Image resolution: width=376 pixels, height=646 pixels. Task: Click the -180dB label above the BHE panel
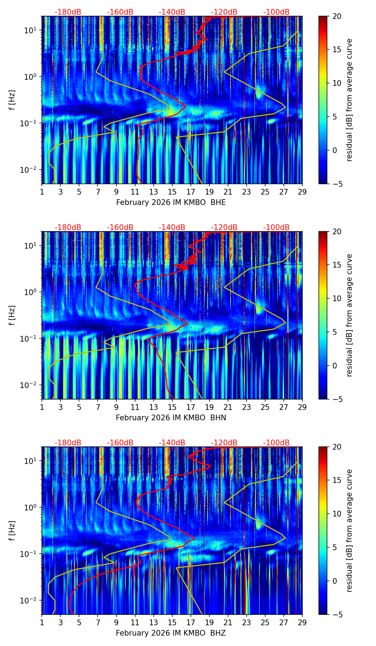pyautogui.click(x=68, y=12)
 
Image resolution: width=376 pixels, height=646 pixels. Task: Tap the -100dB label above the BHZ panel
pyautogui.click(x=276, y=443)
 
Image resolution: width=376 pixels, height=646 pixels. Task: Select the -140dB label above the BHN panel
pyautogui.click(x=172, y=227)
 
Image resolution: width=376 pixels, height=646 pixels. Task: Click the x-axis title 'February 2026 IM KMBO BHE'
pyautogui.click(x=171, y=202)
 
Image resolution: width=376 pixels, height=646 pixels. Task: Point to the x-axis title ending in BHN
pyautogui.click(x=171, y=418)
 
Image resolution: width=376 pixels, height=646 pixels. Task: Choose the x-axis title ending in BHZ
pyautogui.click(x=171, y=633)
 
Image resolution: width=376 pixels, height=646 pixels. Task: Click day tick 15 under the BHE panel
pyautogui.click(x=172, y=192)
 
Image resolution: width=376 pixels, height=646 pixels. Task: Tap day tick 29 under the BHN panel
pyautogui.click(x=302, y=407)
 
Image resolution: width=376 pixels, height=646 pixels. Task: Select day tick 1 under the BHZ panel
pyautogui.click(x=42, y=622)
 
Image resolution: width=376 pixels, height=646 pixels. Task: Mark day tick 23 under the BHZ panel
pyautogui.click(x=247, y=622)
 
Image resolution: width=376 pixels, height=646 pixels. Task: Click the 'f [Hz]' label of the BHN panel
pyautogui.click(x=12, y=315)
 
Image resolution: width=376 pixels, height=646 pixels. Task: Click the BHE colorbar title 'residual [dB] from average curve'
pyautogui.click(x=350, y=100)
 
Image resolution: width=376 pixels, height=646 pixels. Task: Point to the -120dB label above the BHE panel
pyautogui.click(x=224, y=12)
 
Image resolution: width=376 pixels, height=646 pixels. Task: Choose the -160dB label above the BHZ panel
pyautogui.click(x=120, y=443)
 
